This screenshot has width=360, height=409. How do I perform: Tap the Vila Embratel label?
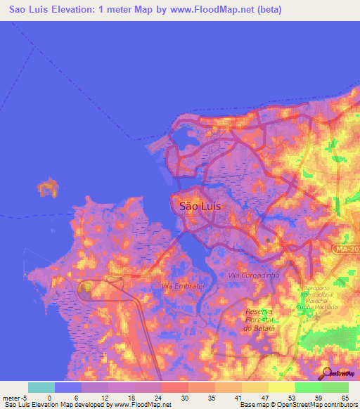pos(183,286)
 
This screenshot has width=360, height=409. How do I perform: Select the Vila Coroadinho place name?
pos(254,275)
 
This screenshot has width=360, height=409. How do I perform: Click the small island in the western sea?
pos(49,188)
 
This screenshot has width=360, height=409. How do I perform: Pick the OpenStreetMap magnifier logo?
pos(327,372)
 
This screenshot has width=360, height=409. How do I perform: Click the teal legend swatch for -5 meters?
pos(41,387)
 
